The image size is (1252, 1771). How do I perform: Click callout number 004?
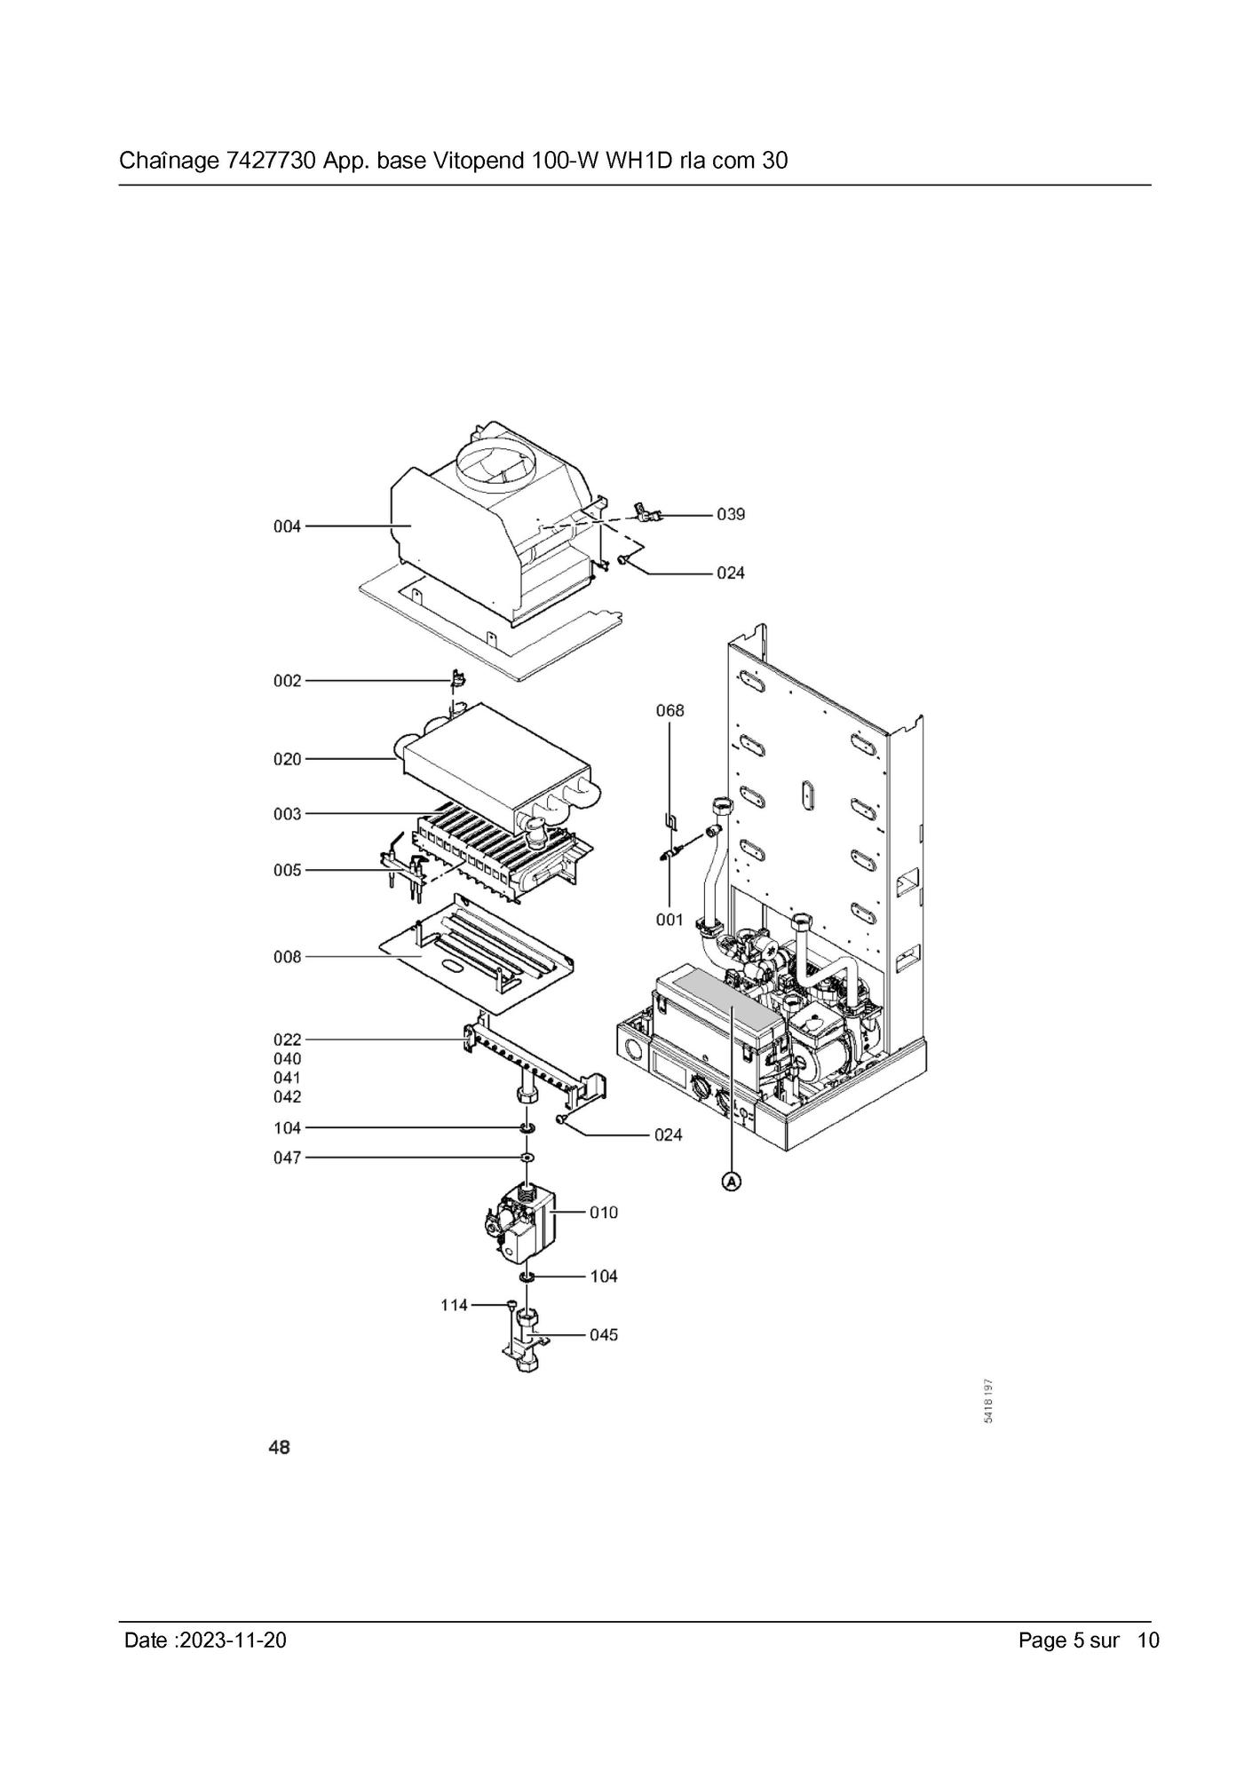(x=287, y=526)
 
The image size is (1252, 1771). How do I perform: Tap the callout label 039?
(x=731, y=514)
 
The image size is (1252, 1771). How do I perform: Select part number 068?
(x=670, y=710)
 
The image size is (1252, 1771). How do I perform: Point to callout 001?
(x=670, y=920)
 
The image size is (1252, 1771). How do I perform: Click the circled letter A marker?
(x=731, y=1182)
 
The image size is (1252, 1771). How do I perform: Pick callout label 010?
(x=604, y=1212)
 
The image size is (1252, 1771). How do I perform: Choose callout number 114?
(x=455, y=1305)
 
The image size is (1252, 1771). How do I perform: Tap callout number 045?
(x=604, y=1334)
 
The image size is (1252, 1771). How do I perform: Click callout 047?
(x=287, y=1158)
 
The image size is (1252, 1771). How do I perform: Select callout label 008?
(x=287, y=957)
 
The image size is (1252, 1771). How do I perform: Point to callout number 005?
(x=287, y=870)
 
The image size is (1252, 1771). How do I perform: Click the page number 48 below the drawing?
(x=279, y=1448)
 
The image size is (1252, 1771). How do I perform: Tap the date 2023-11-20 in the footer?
(x=233, y=1641)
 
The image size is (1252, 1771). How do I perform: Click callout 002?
(x=287, y=681)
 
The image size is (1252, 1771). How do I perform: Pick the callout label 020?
(x=287, y=759)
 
